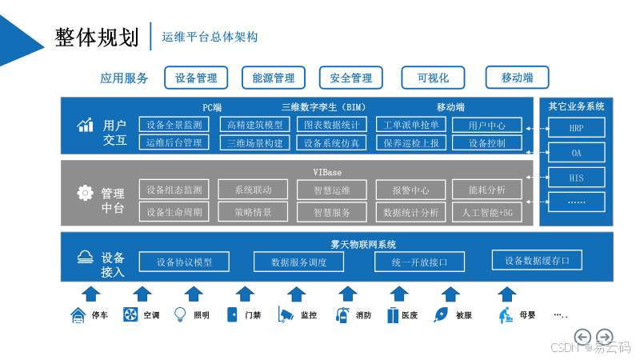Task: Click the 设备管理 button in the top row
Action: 196,78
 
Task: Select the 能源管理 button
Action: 274,78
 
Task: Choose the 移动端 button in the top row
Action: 517,78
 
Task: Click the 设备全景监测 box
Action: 174,125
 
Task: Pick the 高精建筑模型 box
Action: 254,125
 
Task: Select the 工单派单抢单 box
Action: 411,125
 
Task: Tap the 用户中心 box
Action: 486,125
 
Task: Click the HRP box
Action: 576,127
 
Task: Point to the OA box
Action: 576,152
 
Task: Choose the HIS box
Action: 576,177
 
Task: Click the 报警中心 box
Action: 410,190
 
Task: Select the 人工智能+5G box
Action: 487,212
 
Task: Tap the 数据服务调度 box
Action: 298,262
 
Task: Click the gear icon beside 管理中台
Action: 85,193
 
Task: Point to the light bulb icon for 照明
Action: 180,314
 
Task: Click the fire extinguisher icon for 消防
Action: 342,314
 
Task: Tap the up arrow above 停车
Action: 90,293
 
